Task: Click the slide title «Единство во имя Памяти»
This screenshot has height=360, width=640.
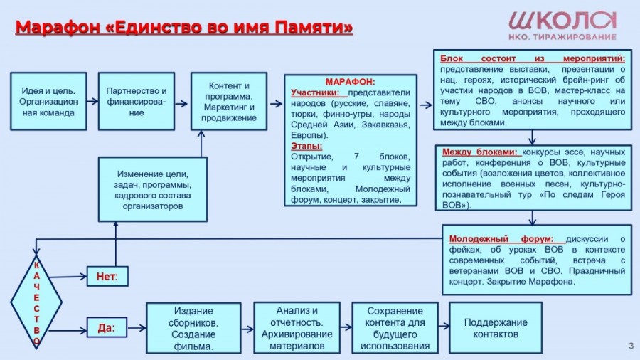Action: coord(184,28)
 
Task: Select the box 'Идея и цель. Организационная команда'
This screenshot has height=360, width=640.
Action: coord(48,101)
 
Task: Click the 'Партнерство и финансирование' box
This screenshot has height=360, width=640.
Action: coord(136,101)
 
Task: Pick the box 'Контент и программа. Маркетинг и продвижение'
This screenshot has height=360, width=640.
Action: coord(229,101)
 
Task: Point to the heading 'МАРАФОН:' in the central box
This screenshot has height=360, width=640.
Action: coord(350,82)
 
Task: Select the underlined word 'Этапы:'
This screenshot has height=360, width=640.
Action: coord(306,146)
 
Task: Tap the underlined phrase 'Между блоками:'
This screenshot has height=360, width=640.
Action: coord(480,152)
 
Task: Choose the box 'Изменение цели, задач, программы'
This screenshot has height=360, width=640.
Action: coord(152,189)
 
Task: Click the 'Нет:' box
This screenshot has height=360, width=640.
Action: coord(107,276)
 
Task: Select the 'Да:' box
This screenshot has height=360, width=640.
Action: coord(107,328)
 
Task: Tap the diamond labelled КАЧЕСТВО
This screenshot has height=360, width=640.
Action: coord(36,302)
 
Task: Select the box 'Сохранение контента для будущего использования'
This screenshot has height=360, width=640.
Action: coord(395,328)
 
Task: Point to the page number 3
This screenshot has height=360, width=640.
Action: coord(631,346)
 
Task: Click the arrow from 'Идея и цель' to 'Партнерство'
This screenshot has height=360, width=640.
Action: coord(92,101)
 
